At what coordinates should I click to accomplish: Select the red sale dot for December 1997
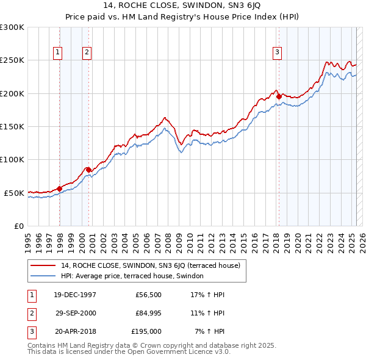59,188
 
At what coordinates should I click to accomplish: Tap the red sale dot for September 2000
89,170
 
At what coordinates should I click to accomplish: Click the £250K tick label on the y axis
12,60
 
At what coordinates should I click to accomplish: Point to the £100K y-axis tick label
12,159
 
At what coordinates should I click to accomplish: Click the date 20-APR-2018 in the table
75,331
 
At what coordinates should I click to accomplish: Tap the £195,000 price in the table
146,331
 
